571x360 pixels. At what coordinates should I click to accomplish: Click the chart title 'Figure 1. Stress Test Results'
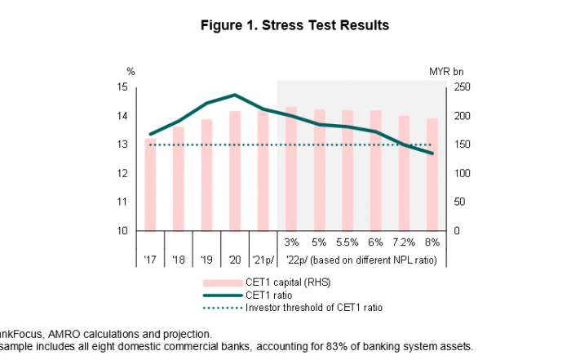pos(294,25)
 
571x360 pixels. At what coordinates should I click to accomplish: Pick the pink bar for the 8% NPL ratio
pos(432,175)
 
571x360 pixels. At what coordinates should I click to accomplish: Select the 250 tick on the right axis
pos(461,87)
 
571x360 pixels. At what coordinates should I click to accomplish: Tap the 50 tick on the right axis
pos(458,202)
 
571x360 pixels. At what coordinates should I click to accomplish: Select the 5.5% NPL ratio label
pos(347,242)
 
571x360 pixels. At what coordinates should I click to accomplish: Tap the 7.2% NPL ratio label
pos(404,242)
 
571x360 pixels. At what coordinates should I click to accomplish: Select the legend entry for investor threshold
pos(313,308)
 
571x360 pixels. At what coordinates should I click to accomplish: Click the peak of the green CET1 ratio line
pos(235,95)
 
